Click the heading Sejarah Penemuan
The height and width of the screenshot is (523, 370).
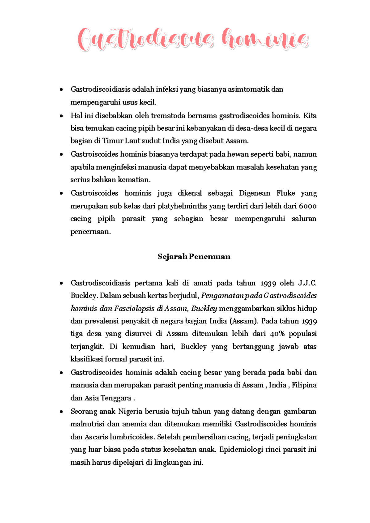click(x=194, y=257)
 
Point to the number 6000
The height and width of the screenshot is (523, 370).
click(x=307, y=206)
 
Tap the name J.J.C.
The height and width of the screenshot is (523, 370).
click(x=307, y=283)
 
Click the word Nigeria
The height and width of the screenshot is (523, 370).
click(x=130, y=411)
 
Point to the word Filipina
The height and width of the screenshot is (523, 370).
click(x=304, y=385)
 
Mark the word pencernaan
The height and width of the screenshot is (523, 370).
click(x=90, y=232)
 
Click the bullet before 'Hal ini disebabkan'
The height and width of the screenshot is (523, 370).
click(x=62, y=116)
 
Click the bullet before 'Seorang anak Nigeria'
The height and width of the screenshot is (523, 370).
click(x=62, y=412)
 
